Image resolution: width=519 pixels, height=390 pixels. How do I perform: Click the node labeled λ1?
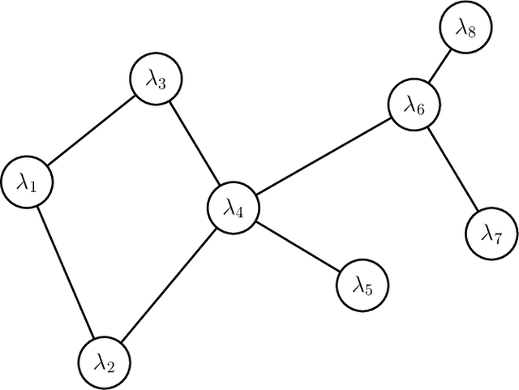pos(26,182)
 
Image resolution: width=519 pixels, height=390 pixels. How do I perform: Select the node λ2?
pos(105,361)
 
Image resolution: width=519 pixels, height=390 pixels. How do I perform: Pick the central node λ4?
pos(234,208)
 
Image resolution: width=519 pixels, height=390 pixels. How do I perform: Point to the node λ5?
pos(362,285)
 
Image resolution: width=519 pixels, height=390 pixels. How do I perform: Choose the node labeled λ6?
pos(414,105)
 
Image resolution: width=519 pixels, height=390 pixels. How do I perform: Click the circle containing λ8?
pos(465,28)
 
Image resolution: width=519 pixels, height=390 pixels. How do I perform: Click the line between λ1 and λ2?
pos(65,272)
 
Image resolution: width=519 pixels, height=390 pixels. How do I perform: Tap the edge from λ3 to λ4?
pos(195,144)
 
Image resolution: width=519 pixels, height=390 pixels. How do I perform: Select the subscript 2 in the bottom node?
pos(111,365)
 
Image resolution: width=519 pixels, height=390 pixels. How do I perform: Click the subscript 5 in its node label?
pos(368,289)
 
